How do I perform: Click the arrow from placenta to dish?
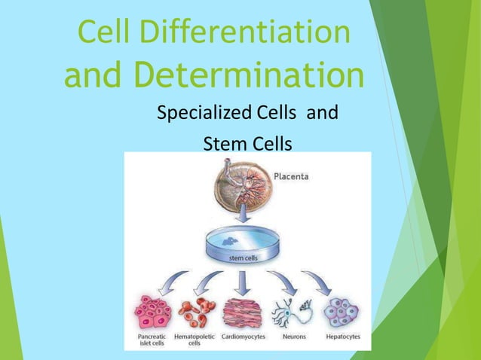[x=242, y=216]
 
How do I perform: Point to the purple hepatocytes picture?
[x=340, y=311]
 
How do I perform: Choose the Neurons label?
[x=294, y=337]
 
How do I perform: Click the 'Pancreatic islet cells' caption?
[x=152, y=340]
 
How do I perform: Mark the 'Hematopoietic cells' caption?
[x=195, y=340]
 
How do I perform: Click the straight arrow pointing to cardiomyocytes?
[x=242, y=283]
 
